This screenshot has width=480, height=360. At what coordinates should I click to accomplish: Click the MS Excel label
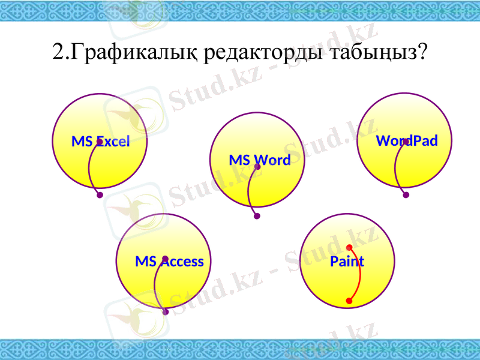pyautogui.click(x=100, y=142)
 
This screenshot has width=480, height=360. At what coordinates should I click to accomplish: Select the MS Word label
pyautogui.click(x=259, y=160)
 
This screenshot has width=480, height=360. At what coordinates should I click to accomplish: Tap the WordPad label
pyautogui.click(x=407, y=141)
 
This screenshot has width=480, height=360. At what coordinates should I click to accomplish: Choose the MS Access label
pyautogui.click(x=169, y=262)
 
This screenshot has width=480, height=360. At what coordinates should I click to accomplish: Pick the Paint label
pyautogui.click(x=347, y=262)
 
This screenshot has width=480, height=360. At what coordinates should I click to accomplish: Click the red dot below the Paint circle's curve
pyautogui.click(x=349, y=301)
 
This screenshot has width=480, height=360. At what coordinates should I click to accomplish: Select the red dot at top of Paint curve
pyautogui.click(x=349, y=247)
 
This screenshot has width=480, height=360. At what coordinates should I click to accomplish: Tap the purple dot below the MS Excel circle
pyautogui.click(x=100, y=195)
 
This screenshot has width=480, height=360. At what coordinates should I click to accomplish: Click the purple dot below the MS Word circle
pyautogui.click(x=257, y=216)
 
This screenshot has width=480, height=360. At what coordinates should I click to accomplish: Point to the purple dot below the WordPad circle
pyautogui.click(x=406, y=195)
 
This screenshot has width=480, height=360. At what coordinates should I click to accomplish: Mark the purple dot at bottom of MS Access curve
pyautogui.click(x=166, y=312)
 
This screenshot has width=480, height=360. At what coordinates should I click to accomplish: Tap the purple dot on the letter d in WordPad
pyautogui.click(x=406, y=142)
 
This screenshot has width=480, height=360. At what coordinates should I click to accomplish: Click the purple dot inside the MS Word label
pyautogui.click(x=257, y=167)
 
